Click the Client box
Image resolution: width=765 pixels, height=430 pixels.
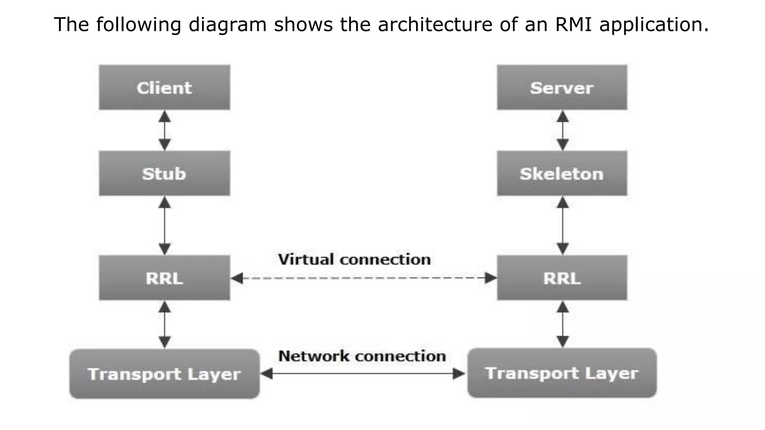(164, 87)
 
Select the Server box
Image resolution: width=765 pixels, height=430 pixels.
(562, 87)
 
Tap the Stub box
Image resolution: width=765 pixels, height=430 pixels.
(164, 173)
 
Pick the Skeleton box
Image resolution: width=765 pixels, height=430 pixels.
(562, 173)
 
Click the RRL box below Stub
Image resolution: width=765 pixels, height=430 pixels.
(164, 278)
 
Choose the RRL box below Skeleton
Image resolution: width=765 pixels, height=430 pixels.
(562, 278)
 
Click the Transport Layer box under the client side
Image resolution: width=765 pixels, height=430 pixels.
(164, 374)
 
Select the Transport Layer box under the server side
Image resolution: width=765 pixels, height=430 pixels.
(562, 373)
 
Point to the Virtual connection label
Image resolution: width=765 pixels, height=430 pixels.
(354, 259)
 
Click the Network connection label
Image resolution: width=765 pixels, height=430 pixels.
(362, 356)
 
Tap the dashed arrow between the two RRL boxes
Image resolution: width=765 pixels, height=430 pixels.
(363, 278)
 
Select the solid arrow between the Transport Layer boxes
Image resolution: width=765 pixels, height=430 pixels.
(363, 373)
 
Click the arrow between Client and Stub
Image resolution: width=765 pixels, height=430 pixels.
(165, 130)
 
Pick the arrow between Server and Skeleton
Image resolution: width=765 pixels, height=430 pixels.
(563, 130)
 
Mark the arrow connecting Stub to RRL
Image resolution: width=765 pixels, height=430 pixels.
(165, 225)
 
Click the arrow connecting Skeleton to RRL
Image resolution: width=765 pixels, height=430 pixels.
(563, 225)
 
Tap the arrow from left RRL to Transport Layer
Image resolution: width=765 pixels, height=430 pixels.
(165, 324)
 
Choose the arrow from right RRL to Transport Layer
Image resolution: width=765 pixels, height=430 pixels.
(563, 324)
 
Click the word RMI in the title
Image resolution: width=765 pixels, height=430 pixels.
(573, 25)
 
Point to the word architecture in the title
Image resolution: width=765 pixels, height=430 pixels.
(435, 25)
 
